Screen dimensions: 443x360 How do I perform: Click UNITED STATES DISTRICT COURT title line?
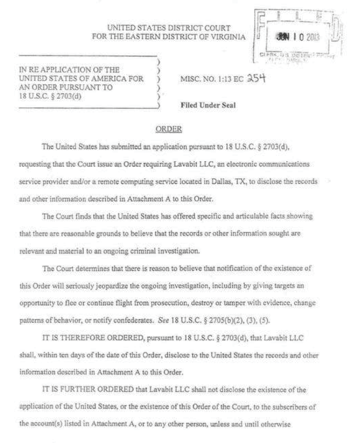169,28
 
